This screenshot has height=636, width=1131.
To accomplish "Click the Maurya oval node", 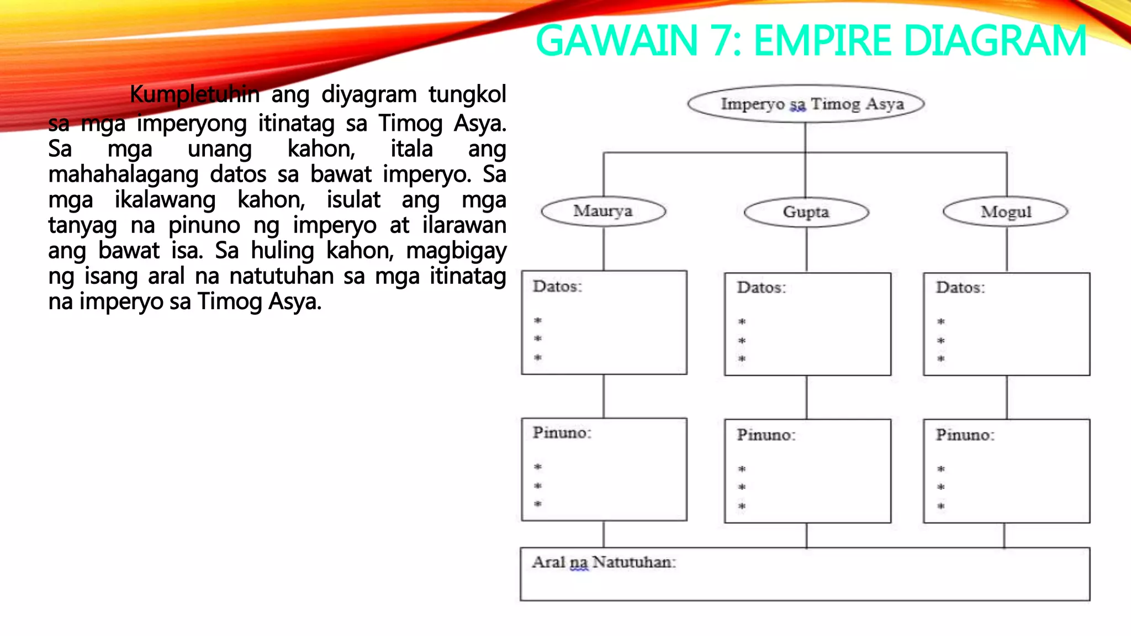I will [603, 211].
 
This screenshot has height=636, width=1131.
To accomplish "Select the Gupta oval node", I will [806, 212].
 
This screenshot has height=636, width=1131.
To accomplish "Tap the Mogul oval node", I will [1006, 212].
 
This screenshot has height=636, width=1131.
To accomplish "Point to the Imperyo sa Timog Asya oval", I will [806, 104].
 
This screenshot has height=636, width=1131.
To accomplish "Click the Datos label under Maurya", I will [557, 287].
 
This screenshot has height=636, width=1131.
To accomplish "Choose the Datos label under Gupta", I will [761, 288].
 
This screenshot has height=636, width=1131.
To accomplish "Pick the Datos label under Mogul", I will [960, 288].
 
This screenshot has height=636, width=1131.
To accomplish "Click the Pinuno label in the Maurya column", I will [562, 433].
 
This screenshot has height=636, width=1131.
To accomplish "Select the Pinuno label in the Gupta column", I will [766, 435].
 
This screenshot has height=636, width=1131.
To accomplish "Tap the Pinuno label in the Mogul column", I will [965, 435].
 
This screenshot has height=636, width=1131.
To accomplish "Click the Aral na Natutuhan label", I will [604, 563].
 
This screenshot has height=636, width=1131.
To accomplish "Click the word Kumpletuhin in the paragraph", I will [194, 94].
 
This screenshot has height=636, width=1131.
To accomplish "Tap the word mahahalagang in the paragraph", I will [123, 174].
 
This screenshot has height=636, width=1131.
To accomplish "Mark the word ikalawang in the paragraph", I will [165, 200].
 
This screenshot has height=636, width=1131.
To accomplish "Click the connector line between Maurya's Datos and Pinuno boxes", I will [604, 396].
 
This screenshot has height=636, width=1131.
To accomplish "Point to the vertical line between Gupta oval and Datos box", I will [806, 249].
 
